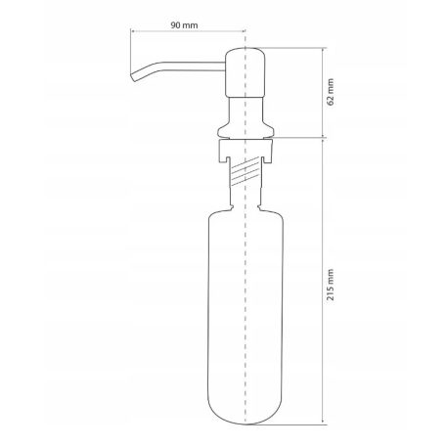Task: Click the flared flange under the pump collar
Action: coord(243,127)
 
